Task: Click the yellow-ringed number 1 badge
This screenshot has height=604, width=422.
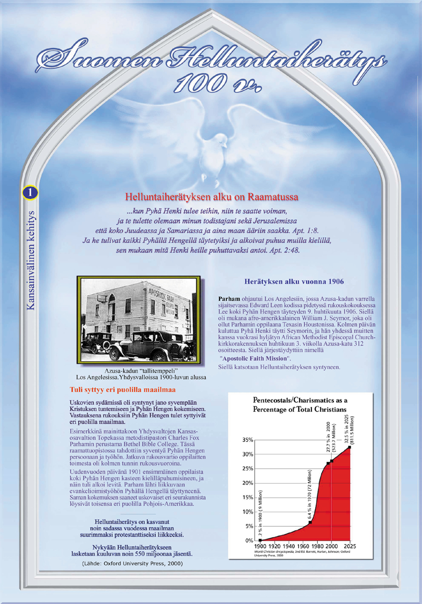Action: coord(30,192)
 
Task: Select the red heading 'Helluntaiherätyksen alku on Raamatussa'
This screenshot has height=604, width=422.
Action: coord(212,195)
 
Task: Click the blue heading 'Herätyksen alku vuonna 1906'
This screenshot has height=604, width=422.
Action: coord(294,282)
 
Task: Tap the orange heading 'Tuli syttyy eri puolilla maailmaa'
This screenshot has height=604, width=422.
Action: coord(122,390)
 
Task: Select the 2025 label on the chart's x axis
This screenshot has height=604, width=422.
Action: coord(350,547)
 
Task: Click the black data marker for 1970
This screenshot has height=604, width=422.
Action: coord(310,522)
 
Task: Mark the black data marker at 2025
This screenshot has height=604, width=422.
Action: coord(350,447)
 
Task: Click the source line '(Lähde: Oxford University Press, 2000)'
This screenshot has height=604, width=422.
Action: coord(132,563)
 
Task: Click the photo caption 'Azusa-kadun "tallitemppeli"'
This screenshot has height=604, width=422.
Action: coord(137,372)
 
